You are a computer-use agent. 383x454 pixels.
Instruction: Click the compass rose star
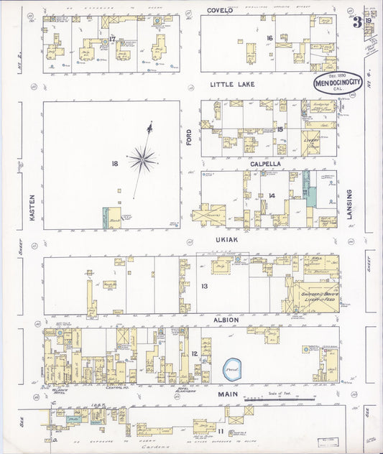point(144,156)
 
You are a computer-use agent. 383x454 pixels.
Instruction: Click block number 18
point(114,164)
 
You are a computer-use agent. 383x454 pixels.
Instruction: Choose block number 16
point(269,37)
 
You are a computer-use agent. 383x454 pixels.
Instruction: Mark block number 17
point(113,37)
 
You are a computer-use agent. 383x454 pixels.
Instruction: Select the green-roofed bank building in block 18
point(111,218)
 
